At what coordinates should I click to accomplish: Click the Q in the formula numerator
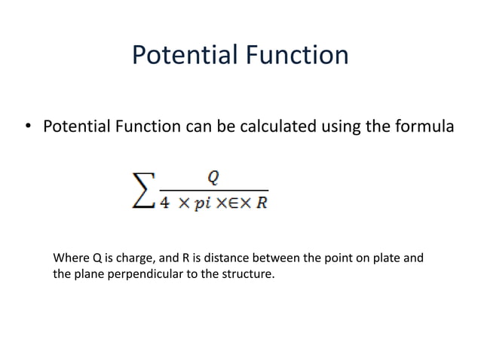click(214, 177)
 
